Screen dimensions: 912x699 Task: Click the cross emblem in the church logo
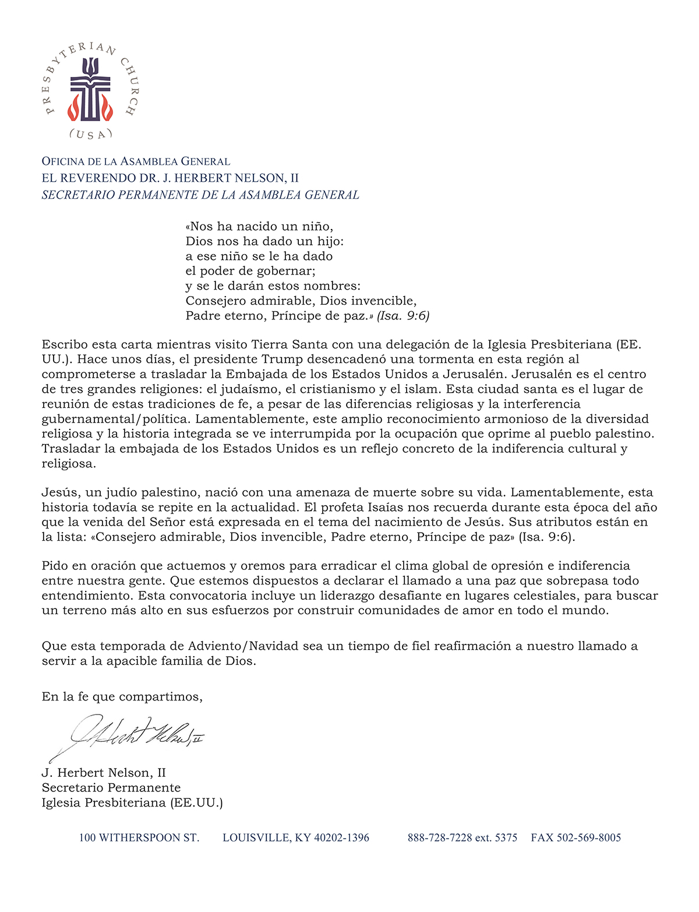(x=90, y=90)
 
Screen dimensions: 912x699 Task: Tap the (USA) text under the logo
(x=90, y=135)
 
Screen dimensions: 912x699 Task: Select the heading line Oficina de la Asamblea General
(x=136, y=161)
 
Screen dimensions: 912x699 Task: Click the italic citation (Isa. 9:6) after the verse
(x=403, y=316)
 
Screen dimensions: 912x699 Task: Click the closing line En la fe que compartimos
(x=122, y=696)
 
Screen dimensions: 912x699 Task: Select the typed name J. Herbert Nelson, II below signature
(x=104, y=773)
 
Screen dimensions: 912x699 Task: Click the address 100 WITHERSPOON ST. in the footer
(x=139, y=838)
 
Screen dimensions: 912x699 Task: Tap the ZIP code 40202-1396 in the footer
(x=341, y=838)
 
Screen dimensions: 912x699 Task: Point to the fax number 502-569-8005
(x=589, y=838)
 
